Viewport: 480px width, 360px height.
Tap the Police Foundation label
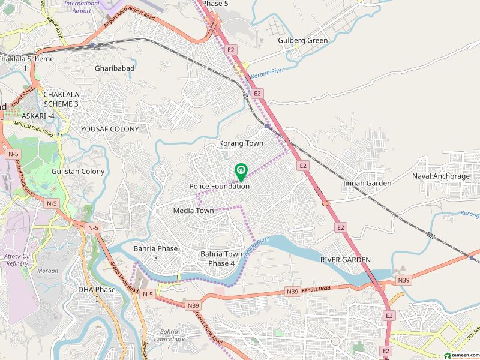(219, 187)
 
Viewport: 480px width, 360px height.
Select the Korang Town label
(241, 143)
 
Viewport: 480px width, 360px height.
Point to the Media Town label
(193, 211)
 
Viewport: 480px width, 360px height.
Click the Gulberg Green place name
(302, 41)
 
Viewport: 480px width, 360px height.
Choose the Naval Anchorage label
(440, 176)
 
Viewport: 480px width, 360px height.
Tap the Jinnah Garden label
(367, 183)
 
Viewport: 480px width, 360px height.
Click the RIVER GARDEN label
(345, 260)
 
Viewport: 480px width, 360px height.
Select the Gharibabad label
(115, 68)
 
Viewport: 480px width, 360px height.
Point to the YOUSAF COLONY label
(110, 129)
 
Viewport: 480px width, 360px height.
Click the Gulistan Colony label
(78, 172)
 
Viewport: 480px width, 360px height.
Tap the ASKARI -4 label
(38, 115)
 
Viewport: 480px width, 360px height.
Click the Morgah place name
(47, 271)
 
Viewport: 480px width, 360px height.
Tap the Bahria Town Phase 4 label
(221, 259)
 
